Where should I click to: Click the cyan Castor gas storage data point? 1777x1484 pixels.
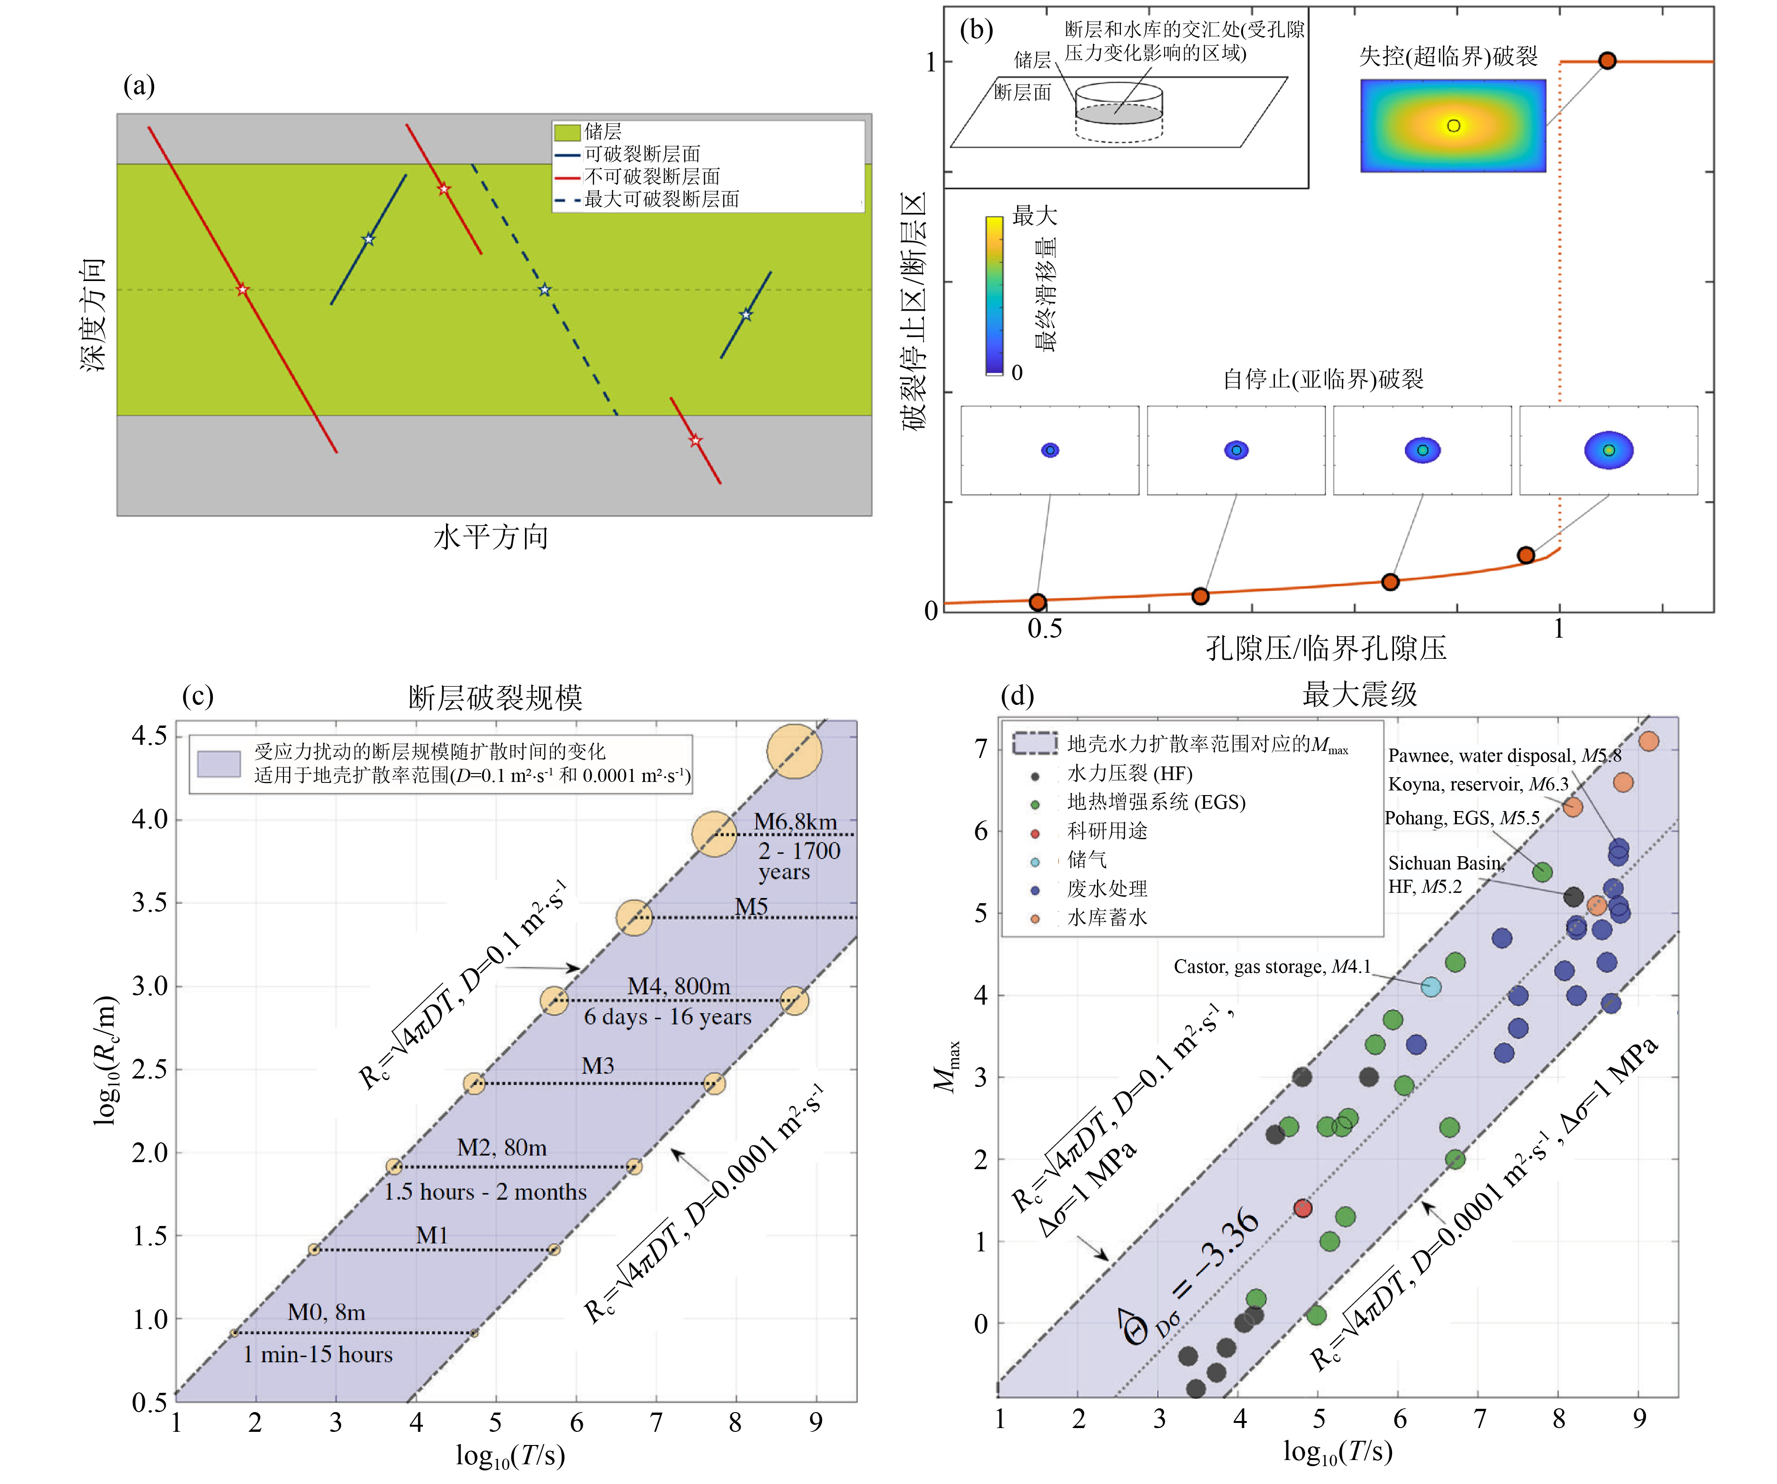click(x=1430, y=986)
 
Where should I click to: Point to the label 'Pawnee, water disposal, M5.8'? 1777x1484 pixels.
click(x=1503, y=756)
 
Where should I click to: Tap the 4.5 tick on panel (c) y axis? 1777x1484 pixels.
click(x=149, y=735)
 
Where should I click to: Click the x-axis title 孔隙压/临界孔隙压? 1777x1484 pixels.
click(x=1325, y=648)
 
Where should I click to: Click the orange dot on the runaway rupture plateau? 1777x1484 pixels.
click(x=1607, y=61)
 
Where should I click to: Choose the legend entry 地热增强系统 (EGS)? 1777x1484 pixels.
click(x=1155, y=802)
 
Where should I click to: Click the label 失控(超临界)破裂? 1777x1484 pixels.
click(x=1448, y=57)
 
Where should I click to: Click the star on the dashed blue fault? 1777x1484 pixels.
click(x=544, y=290)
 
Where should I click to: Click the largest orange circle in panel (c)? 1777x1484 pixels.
click(x=794, y=751)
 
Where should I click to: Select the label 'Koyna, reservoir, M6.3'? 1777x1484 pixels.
click(x=1478, y=784)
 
